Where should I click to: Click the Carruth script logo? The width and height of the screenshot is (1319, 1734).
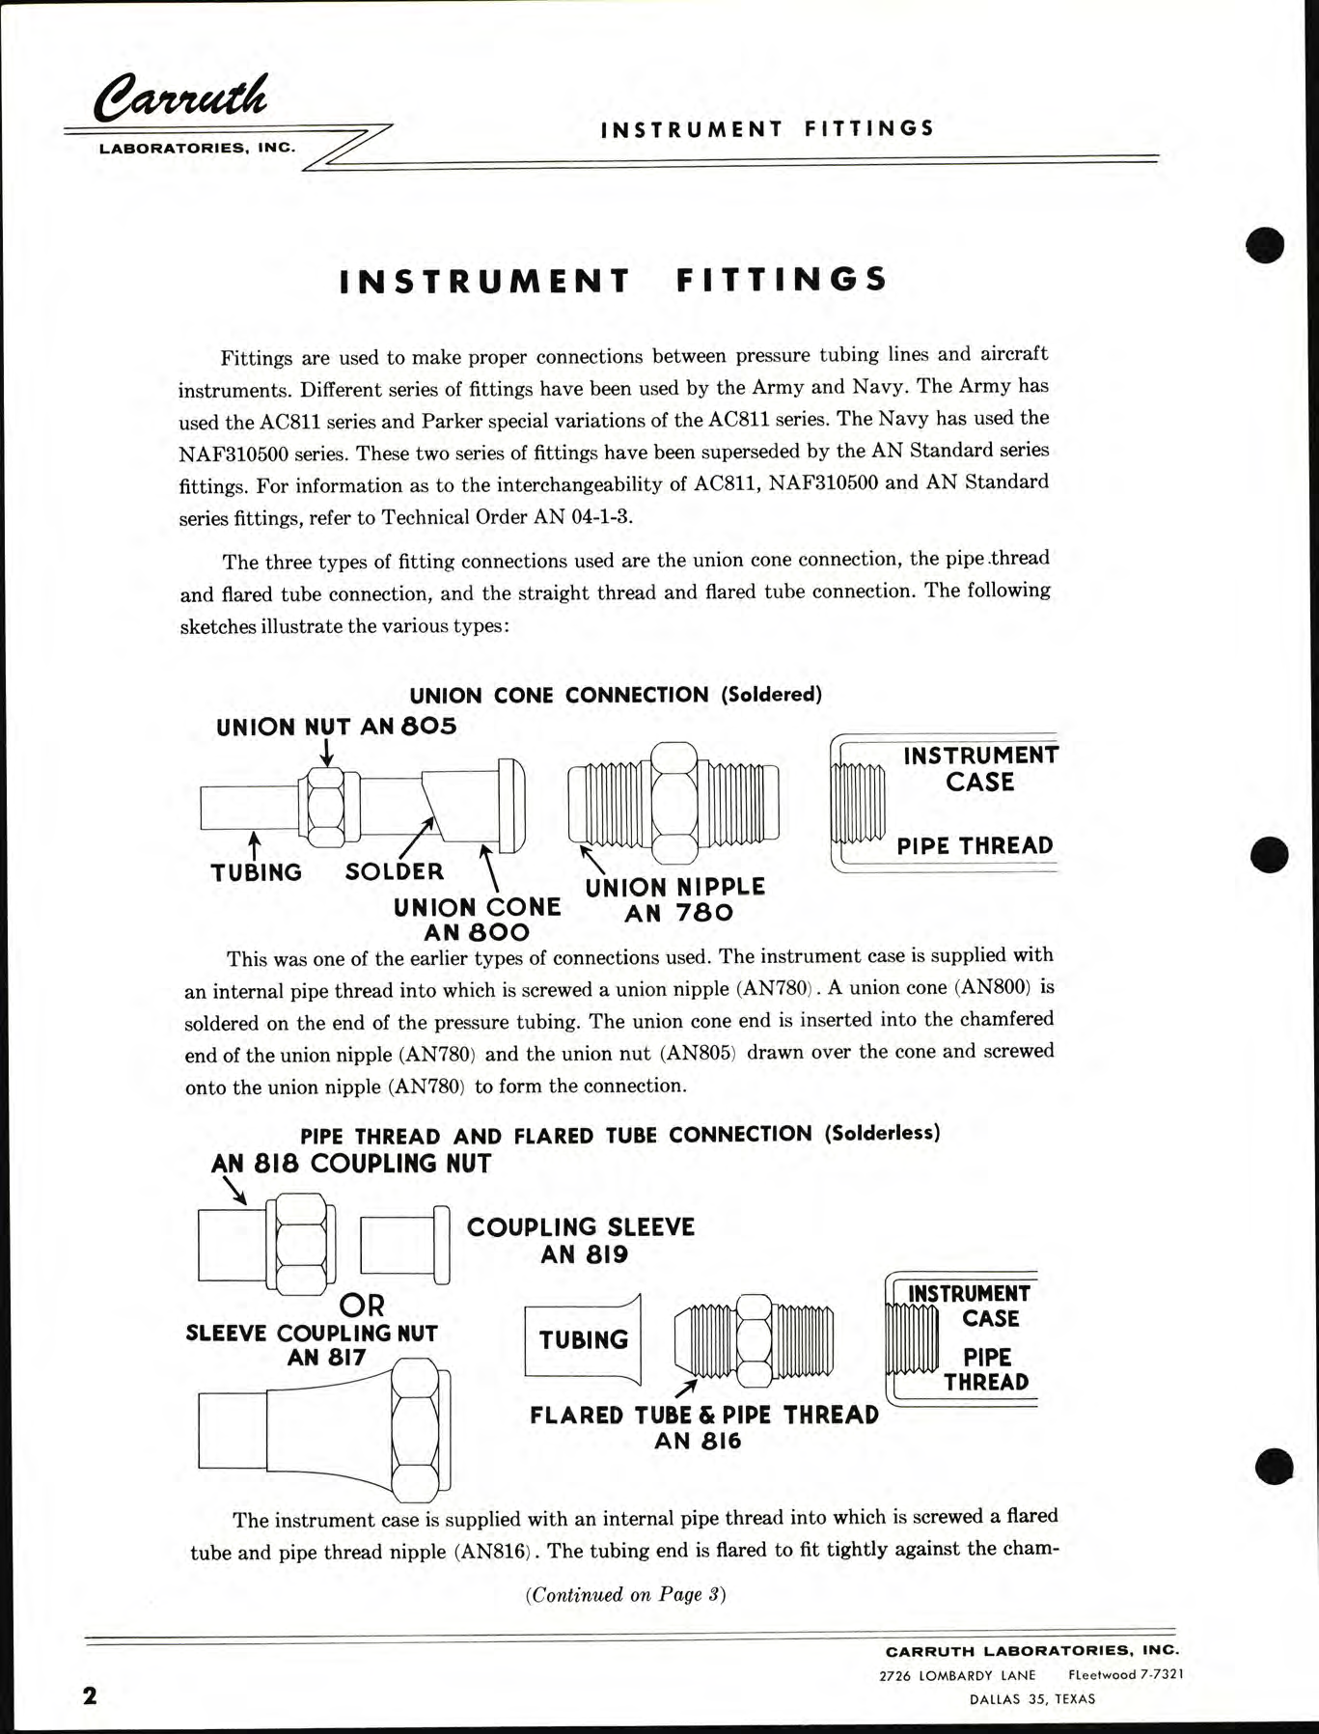coord(180,99)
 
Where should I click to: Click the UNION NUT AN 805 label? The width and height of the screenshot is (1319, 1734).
coord(336,727)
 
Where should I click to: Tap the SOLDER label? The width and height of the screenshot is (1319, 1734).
coord(395,871)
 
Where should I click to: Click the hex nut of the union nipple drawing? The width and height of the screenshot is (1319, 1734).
coord(674,802)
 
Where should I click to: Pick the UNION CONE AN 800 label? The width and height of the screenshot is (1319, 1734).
coord(477,919)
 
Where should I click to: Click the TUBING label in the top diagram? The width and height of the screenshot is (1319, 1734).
coord(256,872)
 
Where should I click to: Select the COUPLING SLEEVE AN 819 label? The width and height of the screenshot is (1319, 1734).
coord(581,1240)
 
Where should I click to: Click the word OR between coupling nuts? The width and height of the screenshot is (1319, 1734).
coord(362,1306)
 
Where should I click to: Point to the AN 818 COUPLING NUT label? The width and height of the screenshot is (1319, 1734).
coord(351,1164)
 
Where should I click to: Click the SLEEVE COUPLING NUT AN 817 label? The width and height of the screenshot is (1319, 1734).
coord(312,1344)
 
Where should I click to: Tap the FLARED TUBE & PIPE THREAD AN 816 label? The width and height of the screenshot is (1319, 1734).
coord(703,1427)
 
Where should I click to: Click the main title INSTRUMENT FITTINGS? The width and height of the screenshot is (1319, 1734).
coord(614,280)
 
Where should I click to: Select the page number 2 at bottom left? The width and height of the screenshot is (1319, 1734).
coord(90,1695)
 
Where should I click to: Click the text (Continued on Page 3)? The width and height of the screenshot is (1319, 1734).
coord(625,1594)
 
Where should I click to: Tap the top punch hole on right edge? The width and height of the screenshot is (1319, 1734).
coord(1264,244)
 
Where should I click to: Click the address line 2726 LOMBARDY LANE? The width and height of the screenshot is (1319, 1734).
coord(957,1675)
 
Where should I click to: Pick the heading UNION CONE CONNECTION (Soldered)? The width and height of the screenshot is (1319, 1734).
coord(616,695)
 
